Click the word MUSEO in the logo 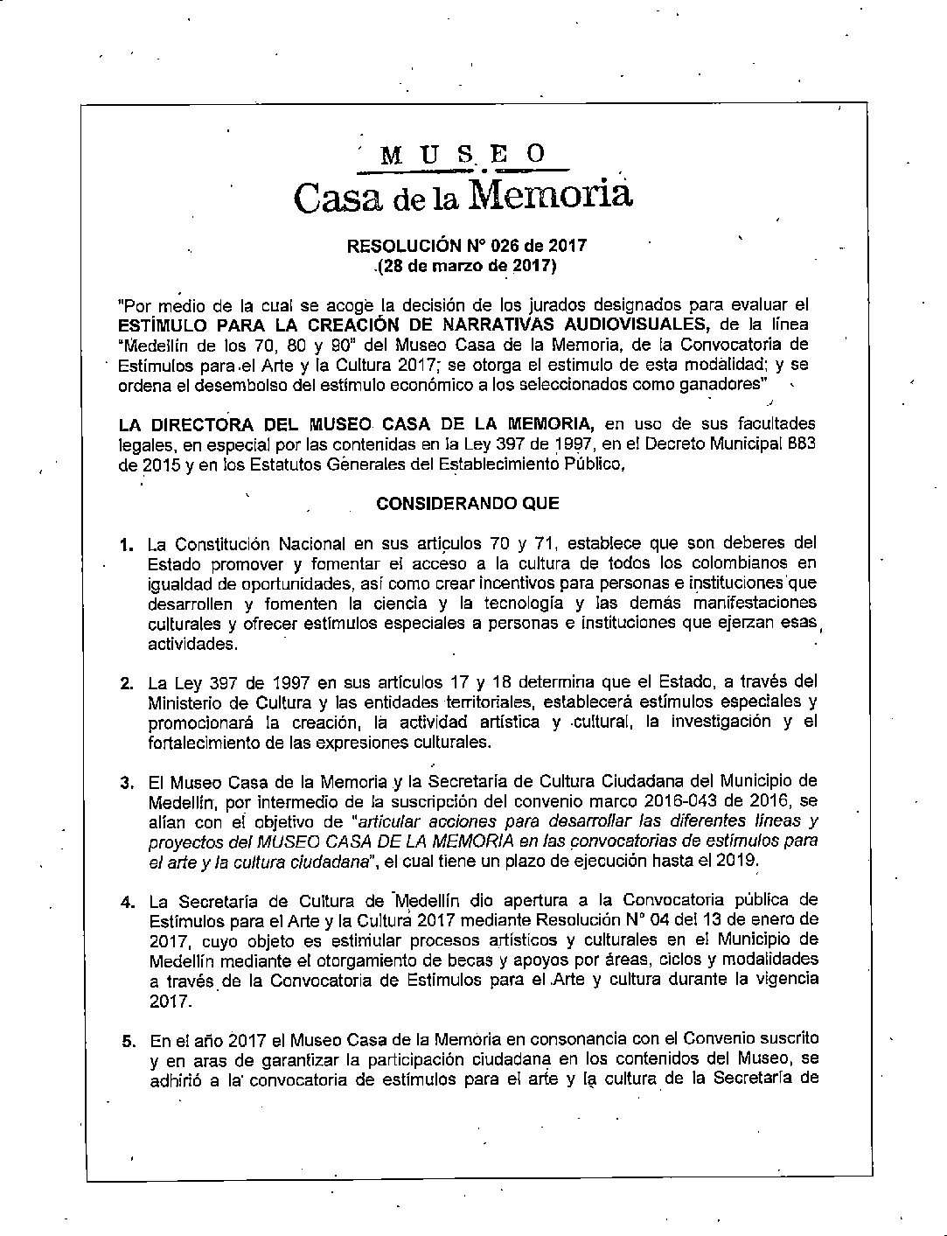[463, 155]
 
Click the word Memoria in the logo [550, 193]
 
